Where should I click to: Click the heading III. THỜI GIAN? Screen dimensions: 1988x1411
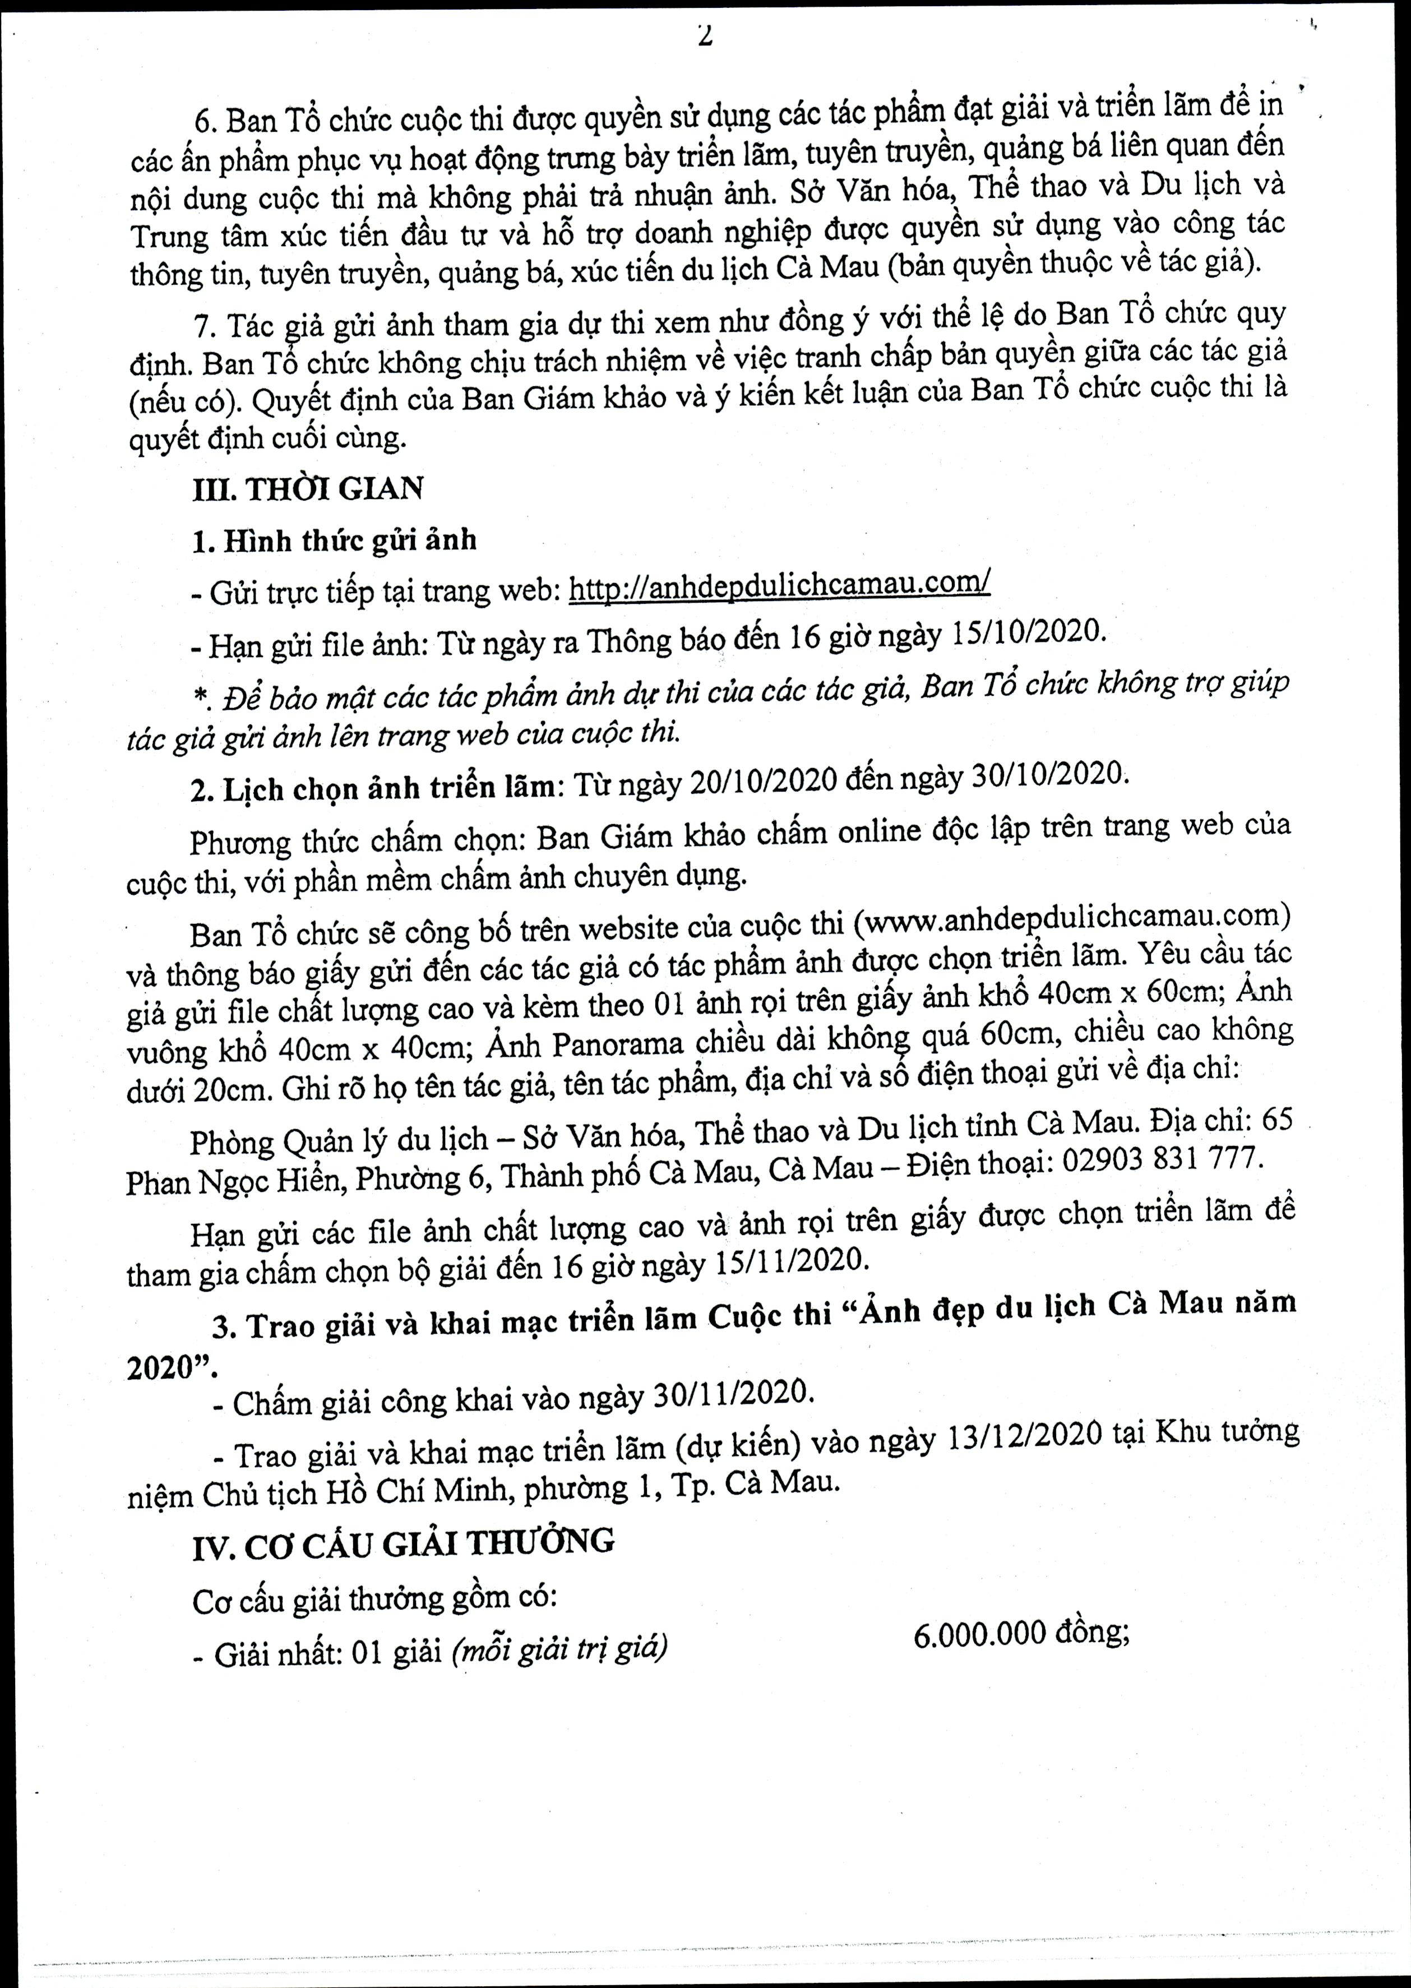(308, 489)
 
